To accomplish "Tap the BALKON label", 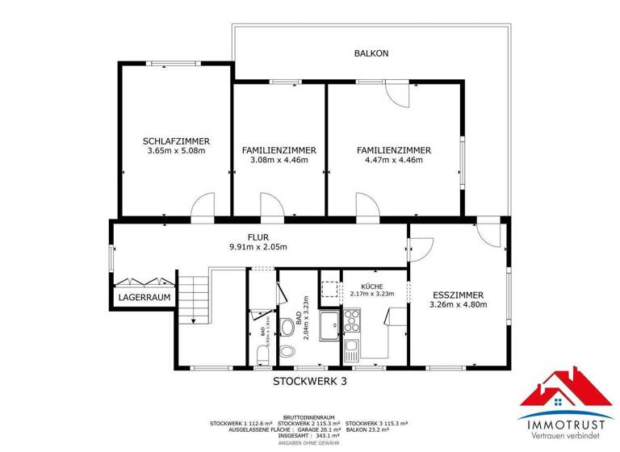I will click(x=371, y=53).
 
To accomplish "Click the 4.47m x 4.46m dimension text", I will click(x=394, y=160).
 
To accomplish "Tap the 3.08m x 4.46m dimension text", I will click(x=279, y=160).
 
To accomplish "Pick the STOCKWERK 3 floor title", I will click(x=309, y=382).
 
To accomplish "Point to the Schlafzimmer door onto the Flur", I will click(x=203, y=207).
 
